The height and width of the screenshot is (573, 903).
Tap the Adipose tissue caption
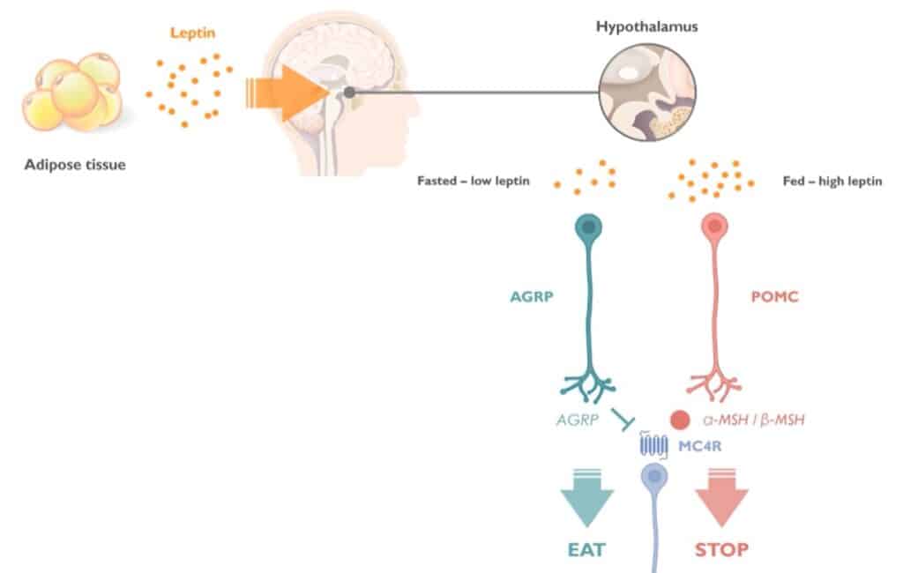tap(75, 164)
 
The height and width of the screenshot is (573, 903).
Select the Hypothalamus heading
tap(646, 26)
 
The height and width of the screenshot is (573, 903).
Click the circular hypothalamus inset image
tap(646, 93)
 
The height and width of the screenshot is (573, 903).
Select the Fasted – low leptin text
tap(474, 182)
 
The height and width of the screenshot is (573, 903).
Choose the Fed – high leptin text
tap(832, 182)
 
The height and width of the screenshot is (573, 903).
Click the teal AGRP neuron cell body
tap(587, 227)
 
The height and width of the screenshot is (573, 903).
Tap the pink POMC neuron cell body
tap(714, 227)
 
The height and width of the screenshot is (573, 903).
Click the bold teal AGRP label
tap(532, 297)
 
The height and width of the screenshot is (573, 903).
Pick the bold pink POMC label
tap(774, 297)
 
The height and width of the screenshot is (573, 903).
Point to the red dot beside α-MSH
tap(679, 420)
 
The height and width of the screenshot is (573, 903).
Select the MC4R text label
tap(700, 447)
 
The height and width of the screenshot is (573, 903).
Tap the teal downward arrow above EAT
tap(587, 499)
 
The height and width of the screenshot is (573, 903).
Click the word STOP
tap(721, 550)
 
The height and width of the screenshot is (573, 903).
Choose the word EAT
tap(586, 550)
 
